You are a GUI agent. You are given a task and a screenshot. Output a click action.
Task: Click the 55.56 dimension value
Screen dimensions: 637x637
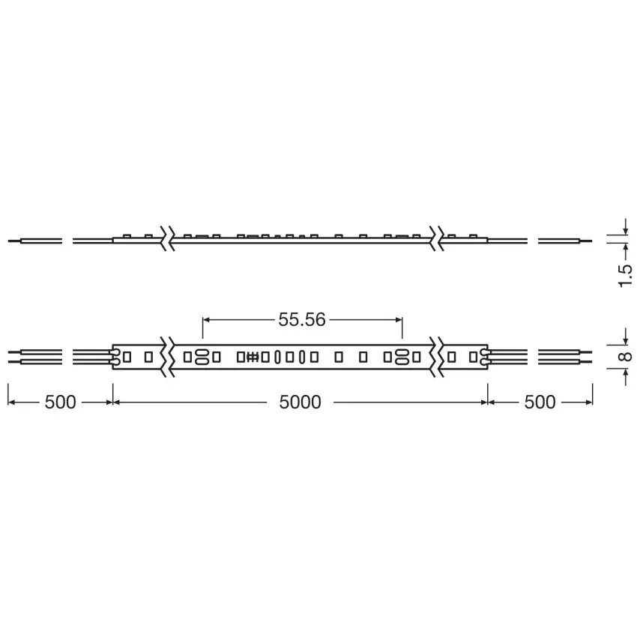click(302, 320)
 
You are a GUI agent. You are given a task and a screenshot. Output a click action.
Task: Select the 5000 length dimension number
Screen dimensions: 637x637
click(300, 402)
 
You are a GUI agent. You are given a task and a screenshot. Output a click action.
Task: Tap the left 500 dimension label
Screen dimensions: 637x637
click(60, 402)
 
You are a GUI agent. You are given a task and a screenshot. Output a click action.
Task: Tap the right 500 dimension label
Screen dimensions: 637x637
click(540, 402)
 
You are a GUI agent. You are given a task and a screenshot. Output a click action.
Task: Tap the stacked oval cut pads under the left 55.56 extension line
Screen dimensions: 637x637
click(202, 357)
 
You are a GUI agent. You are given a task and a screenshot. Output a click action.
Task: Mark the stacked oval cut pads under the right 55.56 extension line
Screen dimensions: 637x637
click(402, 357)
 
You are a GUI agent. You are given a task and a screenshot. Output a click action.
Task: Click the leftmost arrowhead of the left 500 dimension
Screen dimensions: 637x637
click(11, 402)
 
